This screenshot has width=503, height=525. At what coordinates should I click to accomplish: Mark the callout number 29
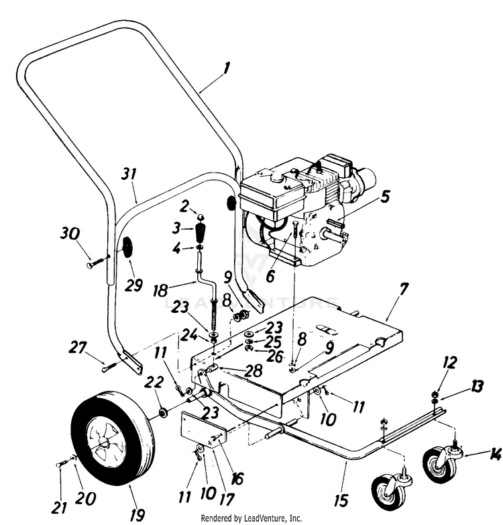(x=133, y=285)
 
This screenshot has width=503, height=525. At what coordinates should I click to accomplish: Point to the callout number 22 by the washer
(x=154, y=383)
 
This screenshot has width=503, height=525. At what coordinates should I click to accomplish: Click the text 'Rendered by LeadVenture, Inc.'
(x=251, y=518)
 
